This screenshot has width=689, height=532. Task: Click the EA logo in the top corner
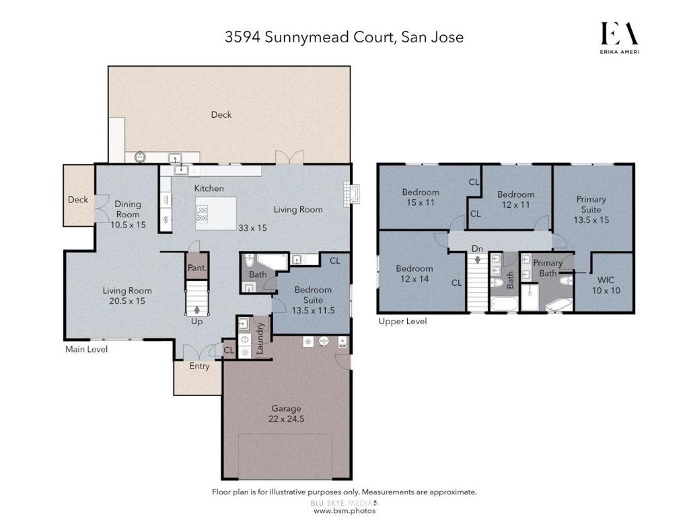620,38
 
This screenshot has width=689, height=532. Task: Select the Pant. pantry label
197,268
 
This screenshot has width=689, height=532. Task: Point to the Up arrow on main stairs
197,309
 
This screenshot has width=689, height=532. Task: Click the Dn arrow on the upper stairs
478,260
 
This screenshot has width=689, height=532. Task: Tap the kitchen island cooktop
202,213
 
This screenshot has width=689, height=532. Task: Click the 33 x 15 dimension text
253,228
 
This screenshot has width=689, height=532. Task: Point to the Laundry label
259,339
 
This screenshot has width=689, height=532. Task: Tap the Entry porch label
199,366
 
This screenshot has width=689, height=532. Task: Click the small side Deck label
78,200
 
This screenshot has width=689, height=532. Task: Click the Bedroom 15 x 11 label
421,197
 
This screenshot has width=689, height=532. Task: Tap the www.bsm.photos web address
344,511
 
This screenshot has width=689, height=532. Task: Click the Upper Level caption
402,321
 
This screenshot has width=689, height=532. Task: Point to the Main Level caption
87,349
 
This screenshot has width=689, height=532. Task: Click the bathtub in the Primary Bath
558,305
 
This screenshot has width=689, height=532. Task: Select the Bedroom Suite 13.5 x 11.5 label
314,300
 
